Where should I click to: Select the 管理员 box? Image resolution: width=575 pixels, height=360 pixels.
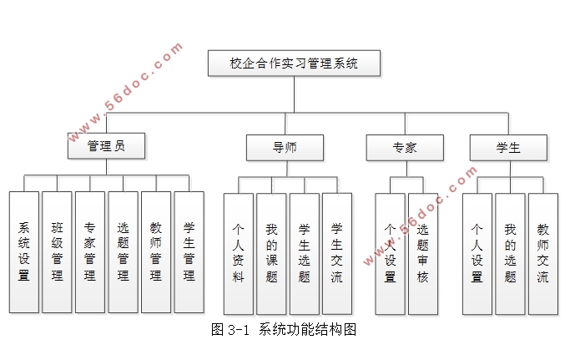click(x=106, y=146)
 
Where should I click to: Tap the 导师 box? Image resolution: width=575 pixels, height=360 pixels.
click(x=285, y=148)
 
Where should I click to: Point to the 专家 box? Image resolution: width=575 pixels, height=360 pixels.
click(x=405, y=148)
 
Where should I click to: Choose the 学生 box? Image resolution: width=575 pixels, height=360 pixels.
click(x=508, y=148)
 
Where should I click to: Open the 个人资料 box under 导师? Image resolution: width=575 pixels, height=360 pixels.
click(x=238, y=253)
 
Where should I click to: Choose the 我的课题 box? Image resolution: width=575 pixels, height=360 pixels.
click(x=271, y=253)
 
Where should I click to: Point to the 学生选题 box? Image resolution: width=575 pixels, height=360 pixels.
click(x=305, y=253)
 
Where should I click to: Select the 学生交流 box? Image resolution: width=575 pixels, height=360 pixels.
click(x=336, y=253)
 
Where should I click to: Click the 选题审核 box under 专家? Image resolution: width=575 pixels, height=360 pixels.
click(x=423, y=253)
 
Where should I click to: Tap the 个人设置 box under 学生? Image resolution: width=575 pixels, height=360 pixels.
click(x=477, y=253)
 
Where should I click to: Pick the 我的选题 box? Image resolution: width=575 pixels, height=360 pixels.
click(x=510, y=253)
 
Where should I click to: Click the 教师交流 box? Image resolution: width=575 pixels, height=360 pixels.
click(x=543, y=253)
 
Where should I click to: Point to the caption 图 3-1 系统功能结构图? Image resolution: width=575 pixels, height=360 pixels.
click(x=285, y=330)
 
